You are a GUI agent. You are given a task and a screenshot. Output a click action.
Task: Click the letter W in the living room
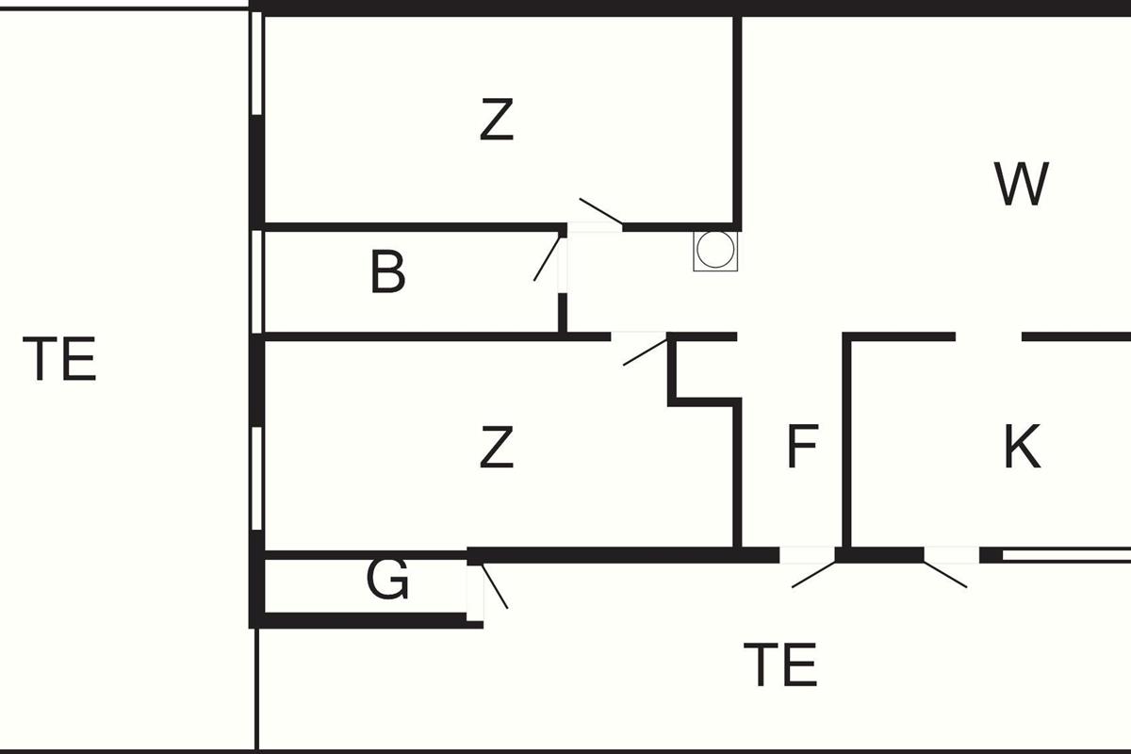click(1022, 185)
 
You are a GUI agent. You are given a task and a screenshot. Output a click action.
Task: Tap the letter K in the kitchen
click(1022, 447)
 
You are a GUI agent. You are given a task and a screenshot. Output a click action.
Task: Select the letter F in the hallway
click(802, 447)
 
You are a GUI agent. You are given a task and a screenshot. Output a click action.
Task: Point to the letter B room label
click(387, 272)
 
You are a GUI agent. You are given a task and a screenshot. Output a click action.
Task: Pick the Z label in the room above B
click(497, 121)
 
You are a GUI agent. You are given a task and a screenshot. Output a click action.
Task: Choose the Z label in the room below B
click(497, 447)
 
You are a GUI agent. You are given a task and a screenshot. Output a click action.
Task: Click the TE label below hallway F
click(779, 664)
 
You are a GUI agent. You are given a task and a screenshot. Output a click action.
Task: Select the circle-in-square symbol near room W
click(713, 251)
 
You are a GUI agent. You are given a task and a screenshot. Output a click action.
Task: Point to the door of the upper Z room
click(600, 213)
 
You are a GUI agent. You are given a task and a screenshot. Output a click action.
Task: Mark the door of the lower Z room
click(646, 351)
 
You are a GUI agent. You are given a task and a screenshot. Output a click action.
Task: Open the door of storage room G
click(494, 585)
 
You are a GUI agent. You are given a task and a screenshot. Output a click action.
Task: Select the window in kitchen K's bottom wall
click(1065, 556)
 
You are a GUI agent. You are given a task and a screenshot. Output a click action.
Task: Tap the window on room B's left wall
click(257, 281)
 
